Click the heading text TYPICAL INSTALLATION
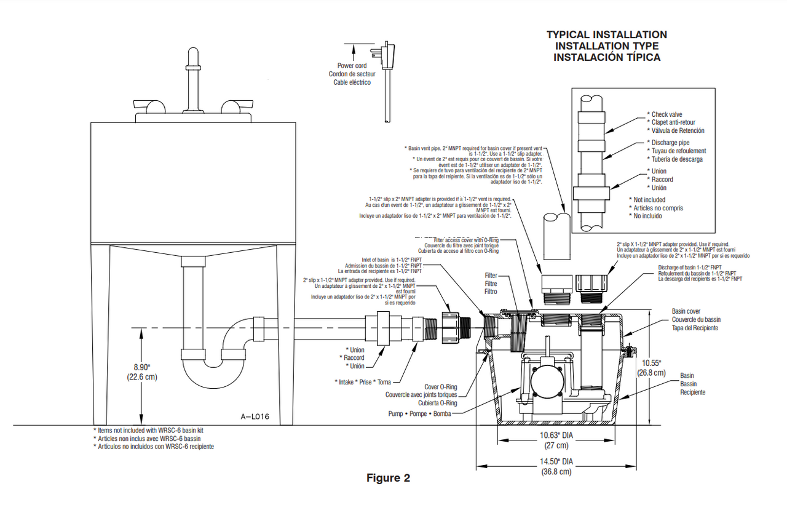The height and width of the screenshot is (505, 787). (606, 35)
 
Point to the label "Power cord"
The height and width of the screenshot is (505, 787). (352, 66)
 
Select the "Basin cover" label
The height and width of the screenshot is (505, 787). (686, 312)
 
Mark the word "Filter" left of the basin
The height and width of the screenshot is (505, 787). (490, 276)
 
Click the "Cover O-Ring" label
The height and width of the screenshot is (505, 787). (441, 387)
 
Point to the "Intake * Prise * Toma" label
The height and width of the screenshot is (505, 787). (363, 382)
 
